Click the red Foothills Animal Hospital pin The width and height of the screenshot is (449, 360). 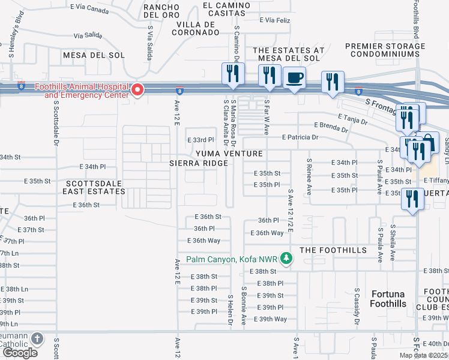137,91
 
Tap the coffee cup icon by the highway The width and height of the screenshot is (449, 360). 294,78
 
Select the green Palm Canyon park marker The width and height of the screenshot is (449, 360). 287,259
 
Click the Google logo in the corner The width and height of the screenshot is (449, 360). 20,353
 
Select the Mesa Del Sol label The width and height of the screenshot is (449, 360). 94,55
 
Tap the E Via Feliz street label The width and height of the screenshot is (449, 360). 276,20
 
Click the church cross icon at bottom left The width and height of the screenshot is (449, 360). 37,339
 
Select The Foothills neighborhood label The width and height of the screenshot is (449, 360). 333,250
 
